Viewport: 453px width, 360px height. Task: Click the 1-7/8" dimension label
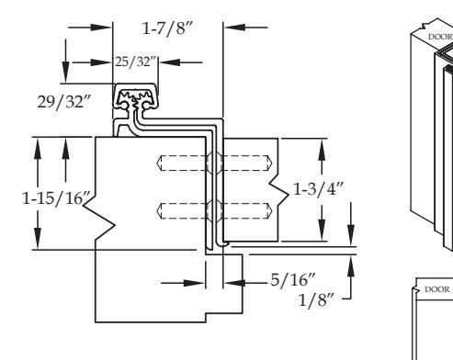pyautogui.click(x=167, y=28)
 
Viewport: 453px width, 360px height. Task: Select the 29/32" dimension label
pyautogui.click(x=64, y=102)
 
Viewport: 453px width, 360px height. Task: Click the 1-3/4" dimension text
pyautogui.click(x=319, y=189)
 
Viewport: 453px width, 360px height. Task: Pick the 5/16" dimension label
pyautogui.click(x=293, y=280)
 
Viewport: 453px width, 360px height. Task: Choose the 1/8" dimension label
pyautogui.click(x=316, y=300)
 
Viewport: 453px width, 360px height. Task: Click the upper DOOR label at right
pyautogui.click(x=440, y=37)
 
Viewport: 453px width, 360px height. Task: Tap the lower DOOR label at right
pyautogui.click(x=437, y=289)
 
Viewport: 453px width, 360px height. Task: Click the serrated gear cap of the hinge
pyautogui.click(x=136, y=99)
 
